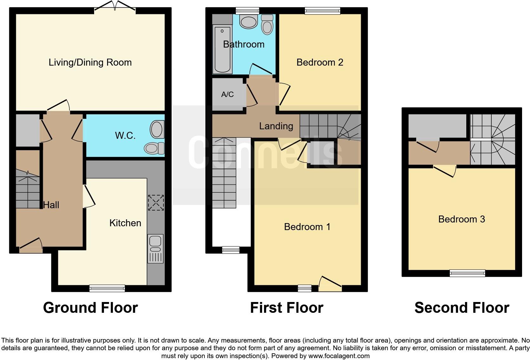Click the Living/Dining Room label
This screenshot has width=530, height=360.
point(90,62)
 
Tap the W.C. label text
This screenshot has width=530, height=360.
point(125,136)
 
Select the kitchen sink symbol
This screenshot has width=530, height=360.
point(155,248)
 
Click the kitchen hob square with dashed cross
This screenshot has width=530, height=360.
point(156,203)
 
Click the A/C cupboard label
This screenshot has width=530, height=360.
point(227,94)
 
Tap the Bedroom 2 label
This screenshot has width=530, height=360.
point(320,62)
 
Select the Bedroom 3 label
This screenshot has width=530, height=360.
point(461,219)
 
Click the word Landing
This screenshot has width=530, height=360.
point(276,126)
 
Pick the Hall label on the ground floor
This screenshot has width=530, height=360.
point(51,205)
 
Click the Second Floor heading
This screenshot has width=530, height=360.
point(462,308)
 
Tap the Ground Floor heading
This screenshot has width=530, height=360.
point(90,308)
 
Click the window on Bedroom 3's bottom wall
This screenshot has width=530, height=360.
point(467,273)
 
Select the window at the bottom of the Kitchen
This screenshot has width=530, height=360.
point(107,288)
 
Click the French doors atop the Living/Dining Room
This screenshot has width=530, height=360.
point(115,7)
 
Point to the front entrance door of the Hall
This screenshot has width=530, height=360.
point(31,247)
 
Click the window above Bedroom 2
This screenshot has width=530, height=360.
point(322,11)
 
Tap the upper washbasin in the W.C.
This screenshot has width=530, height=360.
point(157,129)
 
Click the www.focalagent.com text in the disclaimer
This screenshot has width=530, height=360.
point(339,356)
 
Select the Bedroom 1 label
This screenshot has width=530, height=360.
point(307,227)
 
